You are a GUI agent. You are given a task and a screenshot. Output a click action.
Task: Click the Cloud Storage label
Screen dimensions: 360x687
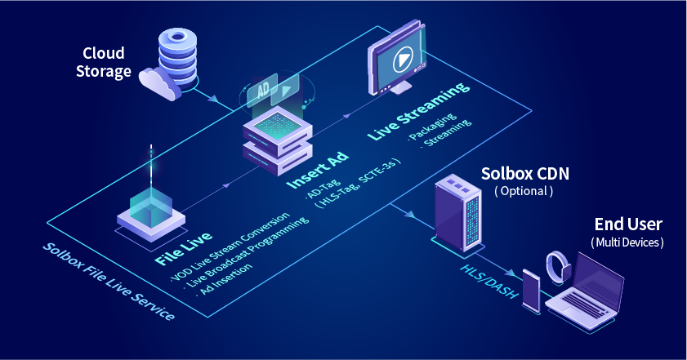pos(104,63)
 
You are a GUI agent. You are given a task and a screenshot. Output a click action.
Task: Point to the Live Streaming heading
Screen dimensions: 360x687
pos(418,112)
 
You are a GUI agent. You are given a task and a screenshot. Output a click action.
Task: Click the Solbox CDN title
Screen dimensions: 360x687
pos(524,174)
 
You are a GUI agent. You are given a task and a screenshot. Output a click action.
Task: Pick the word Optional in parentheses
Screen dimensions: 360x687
pos(524,191)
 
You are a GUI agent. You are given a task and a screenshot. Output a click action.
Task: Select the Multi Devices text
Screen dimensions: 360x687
pos(627,242)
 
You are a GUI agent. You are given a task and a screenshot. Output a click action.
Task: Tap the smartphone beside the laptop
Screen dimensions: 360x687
pos(532,290)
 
